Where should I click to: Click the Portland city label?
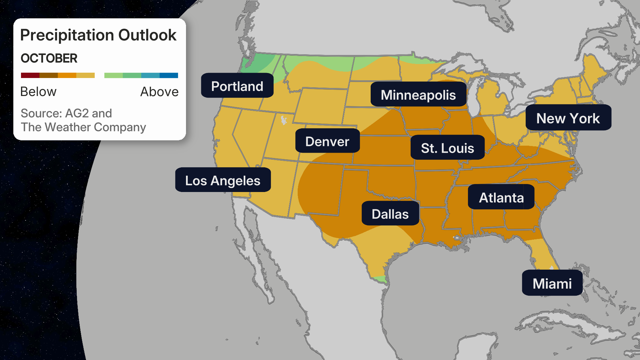pos(237,86)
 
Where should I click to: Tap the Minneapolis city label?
pos(418,95)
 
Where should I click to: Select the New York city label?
pos(568,118)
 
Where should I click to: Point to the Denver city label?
pos(327,141)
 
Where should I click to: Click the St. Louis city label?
pos(447,148)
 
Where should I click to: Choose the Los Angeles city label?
pos(223,180)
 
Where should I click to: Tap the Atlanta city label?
pos(501,197)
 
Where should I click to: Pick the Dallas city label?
pos(390,214)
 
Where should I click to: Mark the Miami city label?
pos(552,283)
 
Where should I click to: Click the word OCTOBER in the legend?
pos(49,58)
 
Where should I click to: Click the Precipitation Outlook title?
pos(98,35)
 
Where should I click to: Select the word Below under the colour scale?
pos(38,92)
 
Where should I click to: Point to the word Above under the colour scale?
pos(159,92)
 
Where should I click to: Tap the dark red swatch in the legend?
pos(30,75)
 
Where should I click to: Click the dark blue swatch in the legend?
pos(169,75)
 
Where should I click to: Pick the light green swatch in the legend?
pos(113,75)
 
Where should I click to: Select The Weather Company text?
pos(83,127)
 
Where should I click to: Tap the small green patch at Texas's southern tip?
pos(379,279)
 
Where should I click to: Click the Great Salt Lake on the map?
pos(284,120)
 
